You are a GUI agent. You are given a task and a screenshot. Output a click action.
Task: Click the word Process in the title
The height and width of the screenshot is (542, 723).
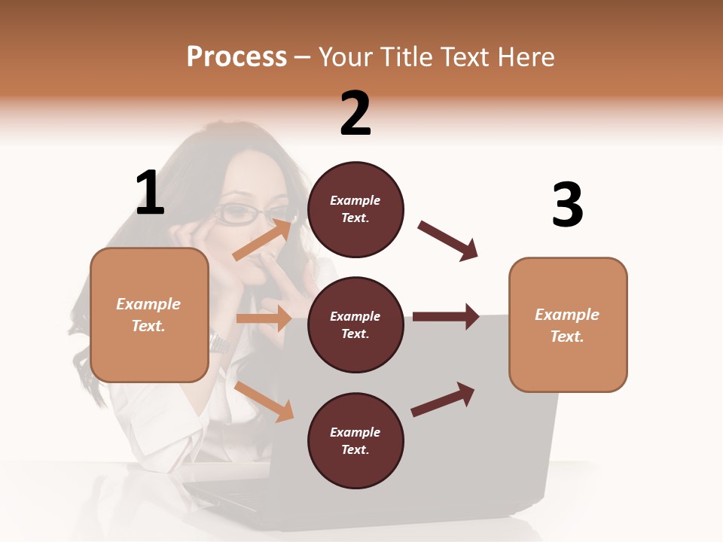point(236,56)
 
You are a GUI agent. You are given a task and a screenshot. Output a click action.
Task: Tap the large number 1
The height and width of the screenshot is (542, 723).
point(150,193)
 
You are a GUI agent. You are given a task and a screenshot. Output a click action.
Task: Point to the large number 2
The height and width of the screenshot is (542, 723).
point(355,114)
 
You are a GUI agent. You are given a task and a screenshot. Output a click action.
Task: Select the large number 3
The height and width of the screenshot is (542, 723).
point(567,205)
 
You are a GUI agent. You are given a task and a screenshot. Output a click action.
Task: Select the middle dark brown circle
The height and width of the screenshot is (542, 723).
point(355,324)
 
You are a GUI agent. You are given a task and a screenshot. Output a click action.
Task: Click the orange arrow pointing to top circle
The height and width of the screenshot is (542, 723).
point(262,239)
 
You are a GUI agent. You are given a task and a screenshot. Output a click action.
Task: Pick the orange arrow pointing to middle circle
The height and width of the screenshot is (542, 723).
point(263,318)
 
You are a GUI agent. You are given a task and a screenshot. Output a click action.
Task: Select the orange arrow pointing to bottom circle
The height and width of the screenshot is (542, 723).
point(264,401)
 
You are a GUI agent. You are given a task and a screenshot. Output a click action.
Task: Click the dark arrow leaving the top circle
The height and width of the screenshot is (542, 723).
point(447,241)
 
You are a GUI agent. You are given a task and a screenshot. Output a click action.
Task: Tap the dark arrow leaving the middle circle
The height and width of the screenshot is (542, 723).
point(446,317)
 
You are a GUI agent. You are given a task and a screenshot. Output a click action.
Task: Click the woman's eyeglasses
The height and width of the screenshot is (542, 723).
point(243,214)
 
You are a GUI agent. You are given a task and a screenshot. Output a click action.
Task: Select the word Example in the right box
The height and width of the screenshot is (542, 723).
point(567,315)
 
